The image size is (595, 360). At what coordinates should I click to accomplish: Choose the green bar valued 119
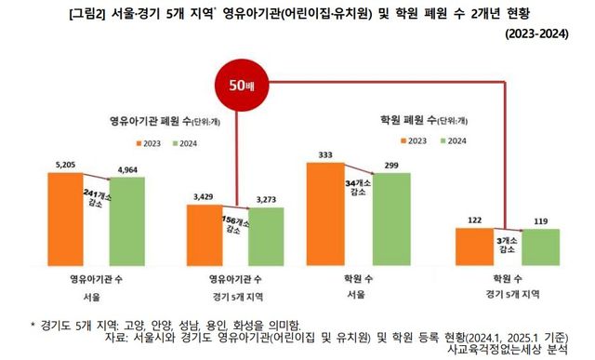533,247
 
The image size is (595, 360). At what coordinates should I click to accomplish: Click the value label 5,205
66,164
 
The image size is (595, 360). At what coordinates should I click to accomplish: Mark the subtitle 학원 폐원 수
420,120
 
